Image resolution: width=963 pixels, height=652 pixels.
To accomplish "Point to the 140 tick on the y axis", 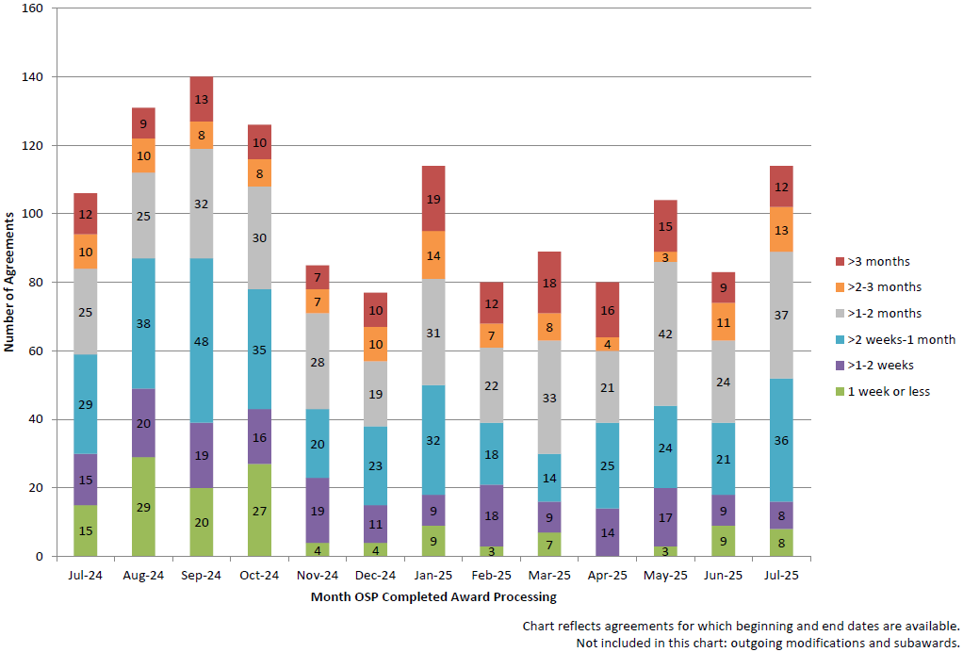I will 34,76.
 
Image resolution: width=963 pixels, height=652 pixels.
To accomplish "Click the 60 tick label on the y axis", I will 37,350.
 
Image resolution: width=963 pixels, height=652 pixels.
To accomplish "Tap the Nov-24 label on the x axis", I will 318,575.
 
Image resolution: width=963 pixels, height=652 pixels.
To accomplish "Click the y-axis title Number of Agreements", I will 9,283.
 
